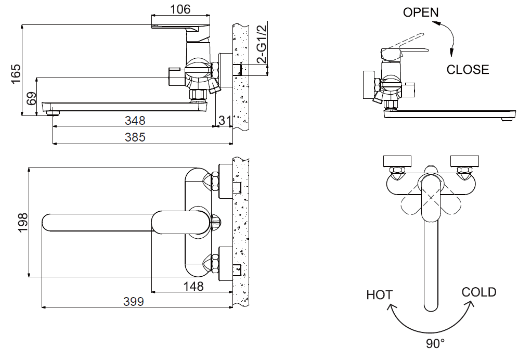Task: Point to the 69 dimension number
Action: click(31, 98)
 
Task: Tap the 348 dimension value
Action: click(135, 120)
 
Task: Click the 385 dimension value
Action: click(135, 137)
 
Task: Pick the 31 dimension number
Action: click(225, 120)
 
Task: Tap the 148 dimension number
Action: click(193, 286)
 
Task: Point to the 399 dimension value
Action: click(134, 301)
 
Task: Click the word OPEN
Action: click(421, 12)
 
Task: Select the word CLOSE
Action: click(468, 69)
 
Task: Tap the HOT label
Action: click(379, 294)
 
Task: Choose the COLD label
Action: click(478, 292)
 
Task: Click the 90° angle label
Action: click(435, 343)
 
